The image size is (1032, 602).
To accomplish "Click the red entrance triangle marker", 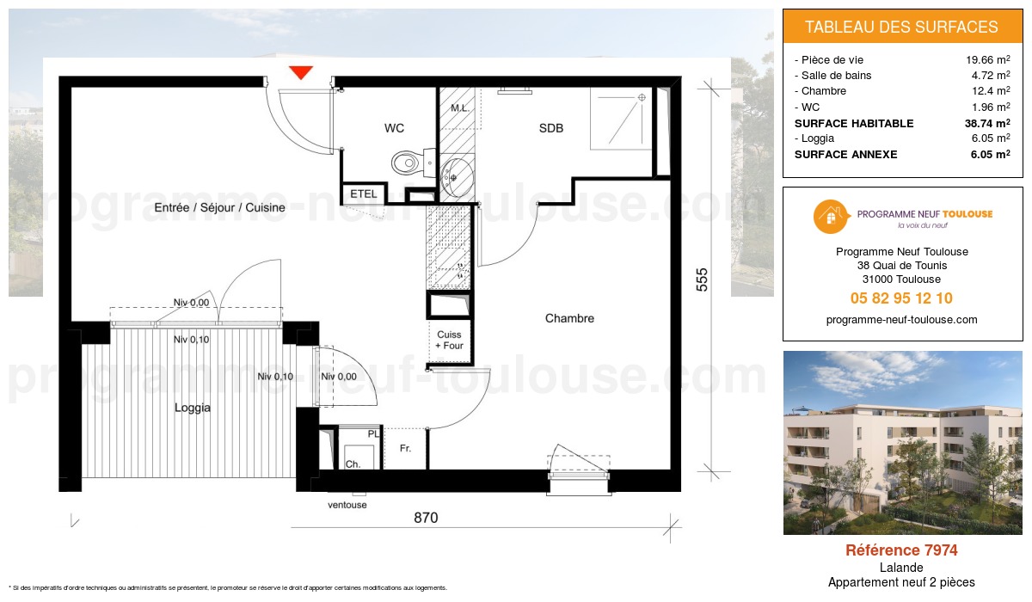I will [300, 72].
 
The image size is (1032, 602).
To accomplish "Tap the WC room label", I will [394, 128].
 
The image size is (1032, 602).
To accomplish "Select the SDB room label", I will [551, 128].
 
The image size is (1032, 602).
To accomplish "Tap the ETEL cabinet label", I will [364, 194].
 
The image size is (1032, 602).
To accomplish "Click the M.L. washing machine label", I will [460, 109].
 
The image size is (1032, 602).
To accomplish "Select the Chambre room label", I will [569, 318].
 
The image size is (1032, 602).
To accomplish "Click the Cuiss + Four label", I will [449, 341].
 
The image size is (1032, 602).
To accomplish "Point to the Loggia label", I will [192, 408].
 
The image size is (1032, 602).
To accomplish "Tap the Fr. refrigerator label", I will [405, 449].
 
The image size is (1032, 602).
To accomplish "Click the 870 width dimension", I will [426, 518].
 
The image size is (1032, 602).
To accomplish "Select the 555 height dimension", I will [702, 281].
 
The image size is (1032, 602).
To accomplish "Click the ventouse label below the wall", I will [347, 505].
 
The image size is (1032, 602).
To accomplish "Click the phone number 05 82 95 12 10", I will [901, 298].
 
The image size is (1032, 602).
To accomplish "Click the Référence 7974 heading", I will [901, 550].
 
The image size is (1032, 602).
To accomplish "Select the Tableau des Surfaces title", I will [901, 27].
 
